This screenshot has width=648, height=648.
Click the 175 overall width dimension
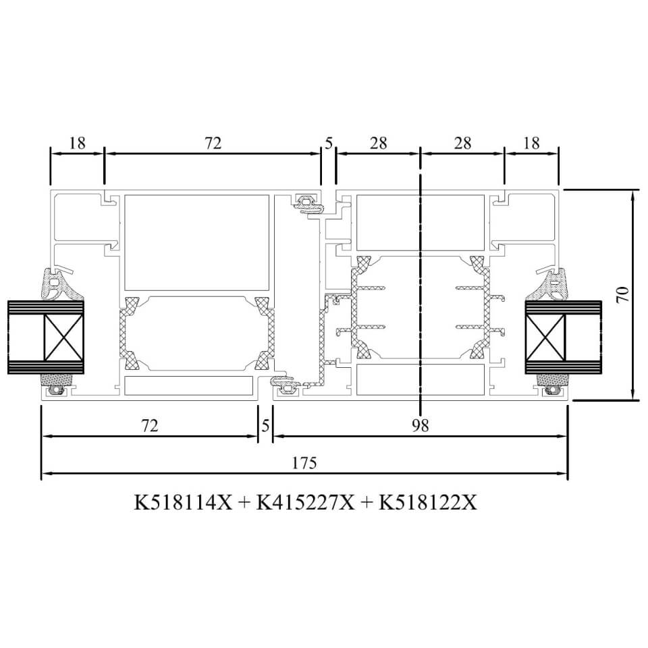tap(304, 463)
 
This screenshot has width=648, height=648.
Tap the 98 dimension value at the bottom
tap(421, 425)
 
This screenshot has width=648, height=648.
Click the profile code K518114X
tap(183, 503)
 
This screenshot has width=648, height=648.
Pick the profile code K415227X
tap(305, 503)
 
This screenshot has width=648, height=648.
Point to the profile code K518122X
tap(428, 503)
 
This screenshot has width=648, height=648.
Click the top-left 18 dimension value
tap(77, 143)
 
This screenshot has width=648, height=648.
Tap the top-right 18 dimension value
tap(531, 143)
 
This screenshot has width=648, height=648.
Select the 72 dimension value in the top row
tap(213, 143)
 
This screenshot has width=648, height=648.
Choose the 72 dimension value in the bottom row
tap(150, 425)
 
